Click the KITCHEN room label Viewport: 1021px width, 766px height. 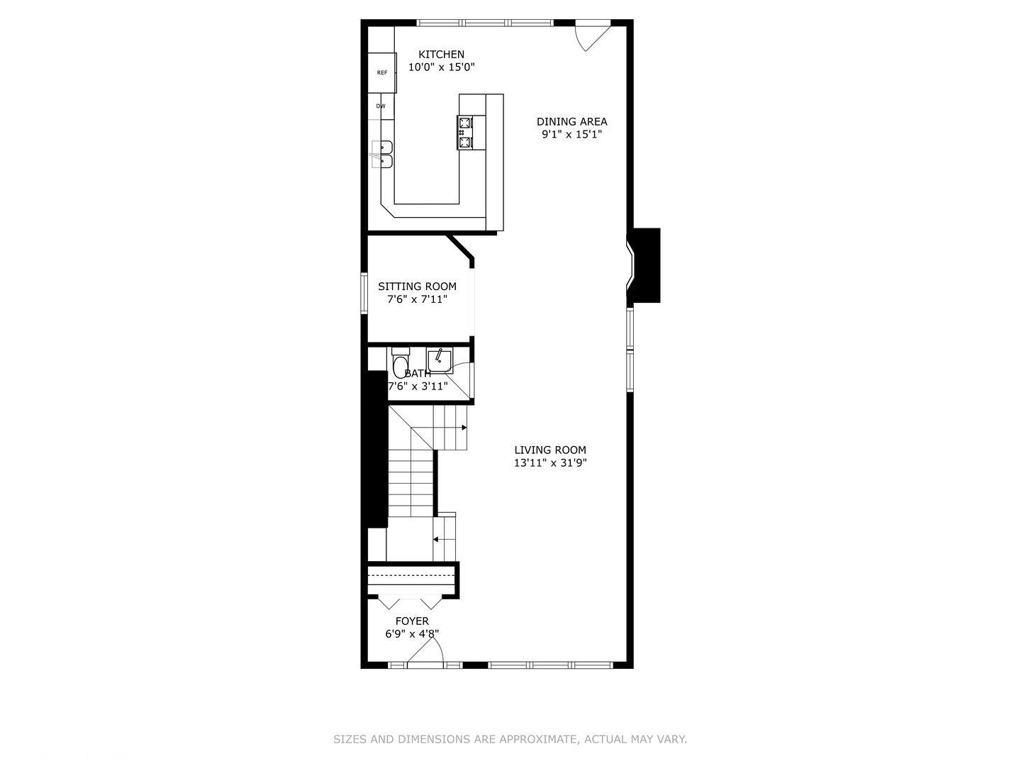click(x=441, y=55)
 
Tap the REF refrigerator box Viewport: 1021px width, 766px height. click(x=382, y=72)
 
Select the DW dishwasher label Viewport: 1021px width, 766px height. click(x=381, y=106)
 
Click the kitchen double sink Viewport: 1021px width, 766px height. click(x=383, y=155)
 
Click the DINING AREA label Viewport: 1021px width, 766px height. click(x=571, y=122)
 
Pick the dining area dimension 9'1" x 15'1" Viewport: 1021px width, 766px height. click(x=571, y=135)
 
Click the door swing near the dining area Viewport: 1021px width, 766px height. click(x=590, y=37)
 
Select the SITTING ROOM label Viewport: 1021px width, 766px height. click(x=417, y=287)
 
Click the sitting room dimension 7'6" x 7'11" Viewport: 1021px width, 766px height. click(x=417, y=299)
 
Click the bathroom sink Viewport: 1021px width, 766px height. click(x=440, y=360)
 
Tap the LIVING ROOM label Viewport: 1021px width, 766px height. click(x=550, y=450)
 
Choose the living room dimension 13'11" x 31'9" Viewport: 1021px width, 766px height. click(x=550, y=463)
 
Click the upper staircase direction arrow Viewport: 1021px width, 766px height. click(x=463, y=428)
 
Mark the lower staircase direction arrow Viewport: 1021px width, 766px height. click(x=437, y=539)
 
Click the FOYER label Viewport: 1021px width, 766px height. click(x=412, y=621)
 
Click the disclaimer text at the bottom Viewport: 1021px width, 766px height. click(x=510, y=739)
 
